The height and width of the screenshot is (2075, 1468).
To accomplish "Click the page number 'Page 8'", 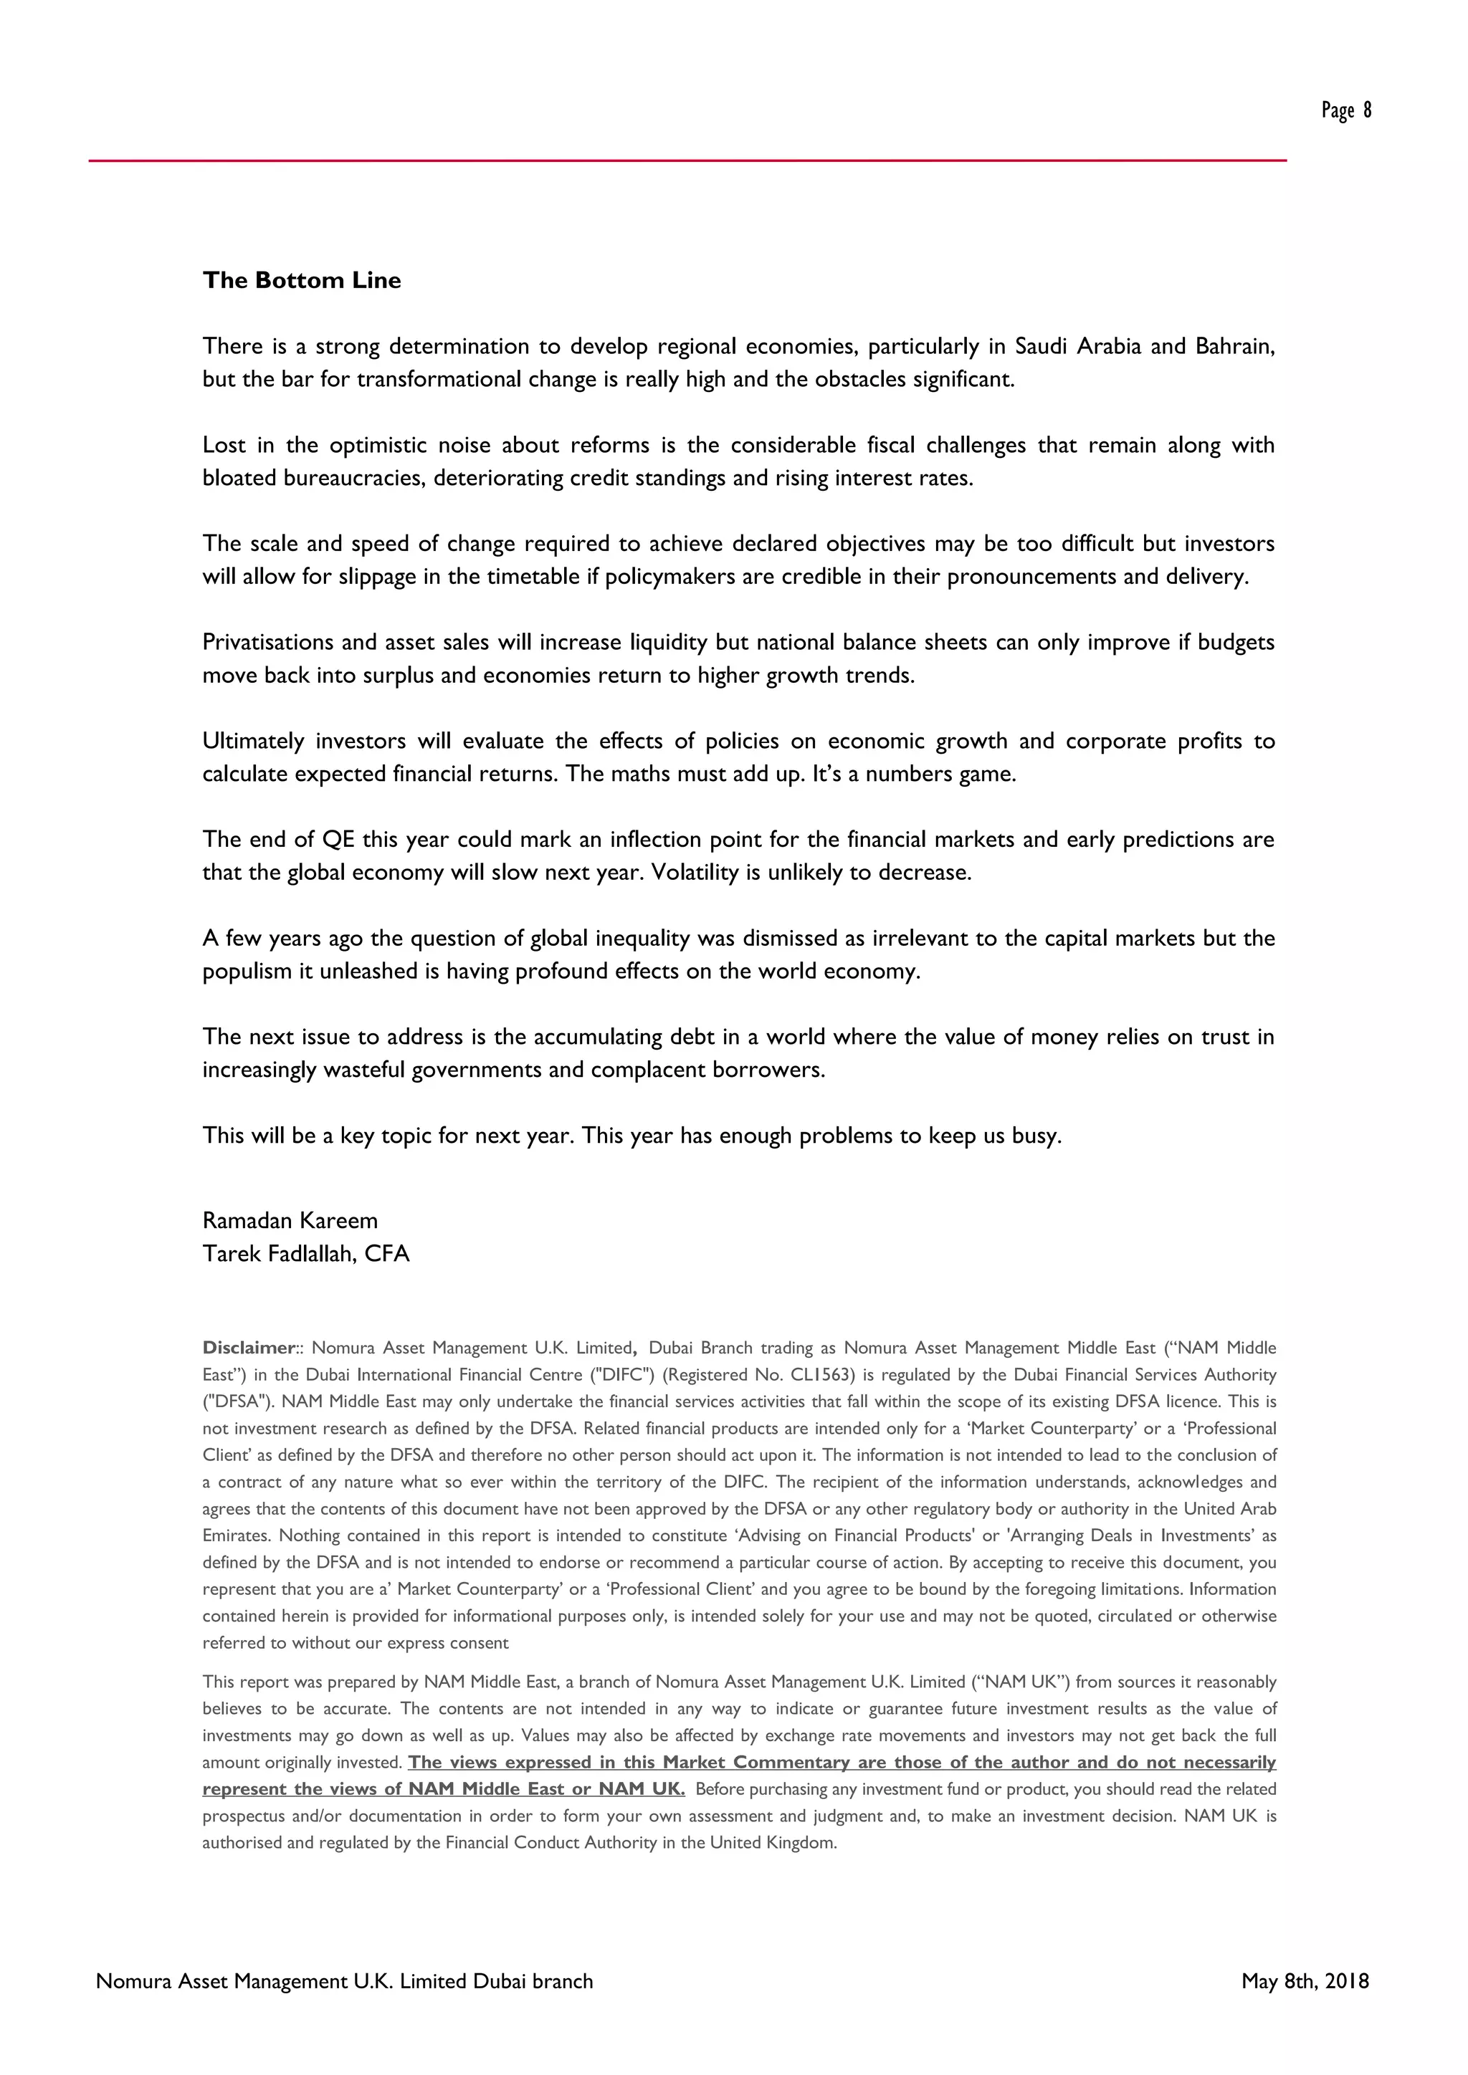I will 1346,110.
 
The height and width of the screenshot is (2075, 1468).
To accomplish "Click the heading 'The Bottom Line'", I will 302,280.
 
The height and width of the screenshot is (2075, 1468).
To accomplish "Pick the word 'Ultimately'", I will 254,741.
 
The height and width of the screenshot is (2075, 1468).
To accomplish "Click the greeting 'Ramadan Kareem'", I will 290,1220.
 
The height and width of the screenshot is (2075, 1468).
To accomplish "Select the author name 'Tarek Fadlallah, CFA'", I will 305,1253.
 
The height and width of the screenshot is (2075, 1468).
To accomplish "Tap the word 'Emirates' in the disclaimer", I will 237,1535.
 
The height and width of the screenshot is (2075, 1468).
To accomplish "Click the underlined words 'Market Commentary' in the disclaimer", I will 756,1763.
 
